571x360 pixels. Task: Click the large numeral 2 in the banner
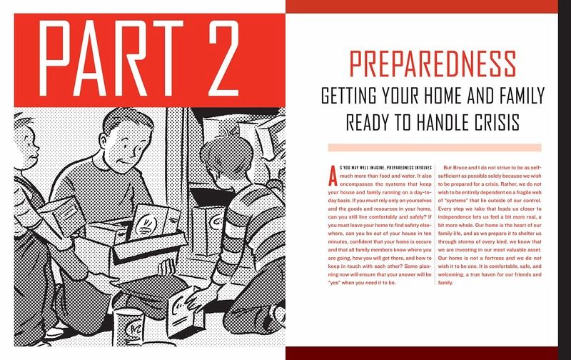(224, 58)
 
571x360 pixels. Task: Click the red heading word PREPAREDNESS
(433, 64)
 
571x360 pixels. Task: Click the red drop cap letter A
(333, 176)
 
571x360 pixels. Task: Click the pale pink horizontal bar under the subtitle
(435, 148)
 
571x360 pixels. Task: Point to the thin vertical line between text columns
(435, 224)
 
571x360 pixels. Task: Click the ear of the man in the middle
(103, 141)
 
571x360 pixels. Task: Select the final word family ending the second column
(445, 283)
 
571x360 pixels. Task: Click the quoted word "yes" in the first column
(334, 283)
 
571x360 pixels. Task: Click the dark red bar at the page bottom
(422, 354)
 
